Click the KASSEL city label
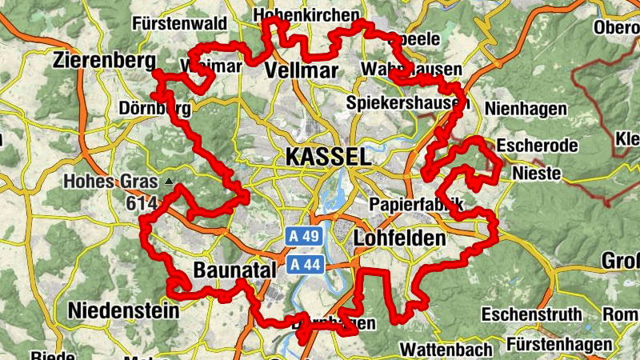pos(326,156)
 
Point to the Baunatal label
pos(234,268)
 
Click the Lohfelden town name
pos(398,238)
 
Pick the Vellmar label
pos(301,69)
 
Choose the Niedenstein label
pos(123,310)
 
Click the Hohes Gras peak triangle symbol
pos(169,182)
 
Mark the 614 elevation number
pos(141,204)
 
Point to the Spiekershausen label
pos(407,103)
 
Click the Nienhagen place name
pos(526,108)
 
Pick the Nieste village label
pos(537,173)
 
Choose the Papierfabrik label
pos(416,205)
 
